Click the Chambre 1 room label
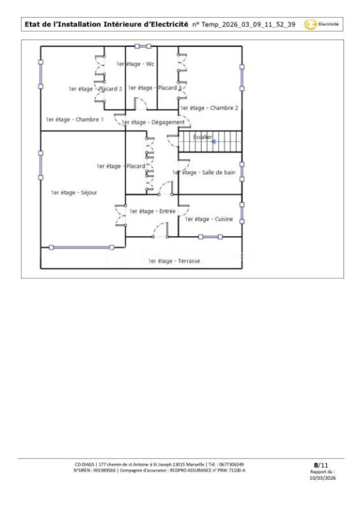[75, 119]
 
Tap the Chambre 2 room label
[209, 108]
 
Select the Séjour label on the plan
[74, 192]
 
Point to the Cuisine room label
[209, 219]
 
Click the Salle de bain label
[204, 172]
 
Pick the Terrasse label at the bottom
[174, 261]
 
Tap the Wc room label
[135, 64]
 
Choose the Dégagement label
[153, 123]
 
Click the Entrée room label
[152, 211]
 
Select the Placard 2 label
[95, 89]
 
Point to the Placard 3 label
[155, 87]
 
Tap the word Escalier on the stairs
[203, 137]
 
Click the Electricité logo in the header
[322, 25]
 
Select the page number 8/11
[321, 465]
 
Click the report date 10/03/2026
[323, 478]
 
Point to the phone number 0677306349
[231, 465]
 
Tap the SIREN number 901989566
[104, 471]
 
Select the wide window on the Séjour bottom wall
[82, 247]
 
